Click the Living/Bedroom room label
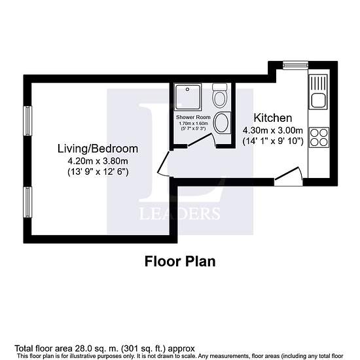pyautogui.click(x=98, y=149)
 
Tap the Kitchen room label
pyautogui.click(x=273, y=118)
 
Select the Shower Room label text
pyautogui.click(x=193, y=117)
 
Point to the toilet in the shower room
pyautogui.click(x=220, y=96)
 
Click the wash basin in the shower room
pyautogui.click(x=221, y=122)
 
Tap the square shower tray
pyautogui.click(x=188, y=97)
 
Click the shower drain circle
pyautogui.click(x=188, y=89)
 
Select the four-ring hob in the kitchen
pyautogui.click(x=319, y=137)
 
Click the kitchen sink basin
pyautogui.click(x=319, y=100)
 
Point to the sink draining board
pyautogui.click(x=319, y=83)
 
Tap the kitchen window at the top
pyautogui.click(x=295, y=65)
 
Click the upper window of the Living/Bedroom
pyautogui.click(x=27, y=121)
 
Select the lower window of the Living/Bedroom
pyautogui.click(x=27, y=202)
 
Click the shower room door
pyautogui.click(x=200, y=139)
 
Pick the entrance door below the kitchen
pyautogui.click(x=287, y=173)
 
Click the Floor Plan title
pyautogui.click(x=180, y=262)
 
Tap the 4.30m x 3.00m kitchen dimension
pyautogui.click(x=273, y=130)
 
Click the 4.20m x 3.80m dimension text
pyautogui.click(x=98, y=161)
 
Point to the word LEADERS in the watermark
pyautogui.click(x=180, y=213)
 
